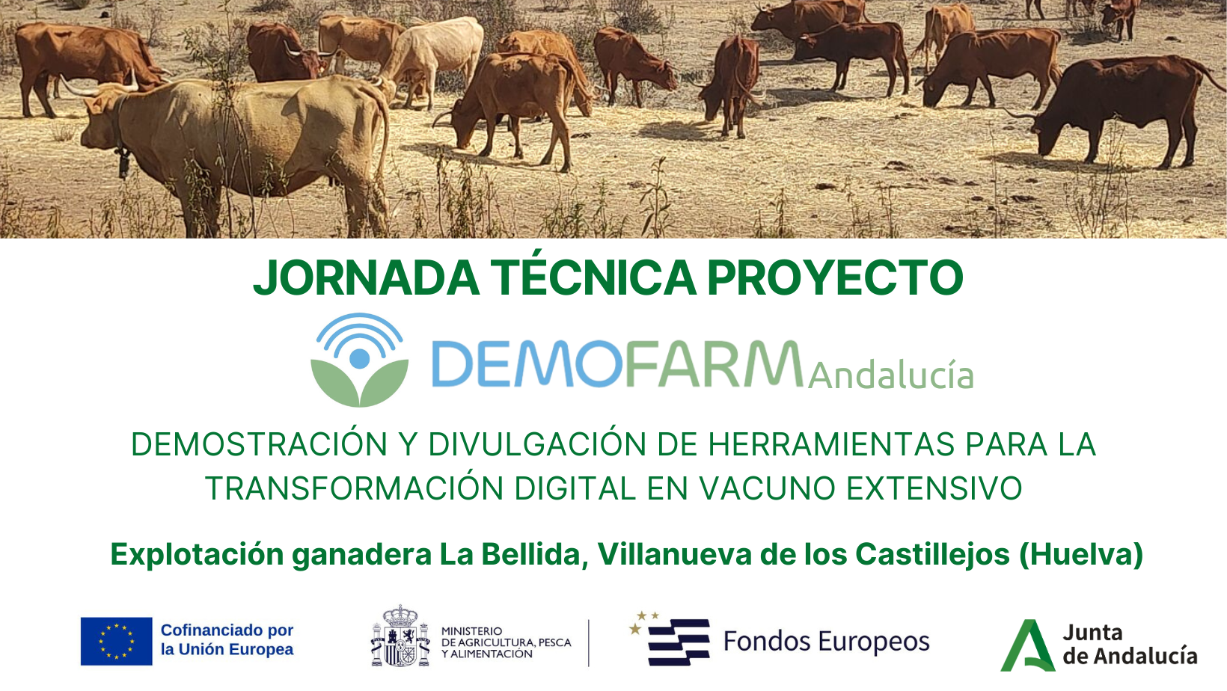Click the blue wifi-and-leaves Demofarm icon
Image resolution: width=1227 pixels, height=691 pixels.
pos(359,360)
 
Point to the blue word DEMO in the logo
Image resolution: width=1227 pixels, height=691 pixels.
pos(527,363)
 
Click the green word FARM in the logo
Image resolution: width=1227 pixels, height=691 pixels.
pos(714,363)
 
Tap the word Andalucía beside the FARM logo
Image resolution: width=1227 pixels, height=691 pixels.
pos(890,375)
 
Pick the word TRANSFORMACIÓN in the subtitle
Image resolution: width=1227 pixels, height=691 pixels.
pos(355,488)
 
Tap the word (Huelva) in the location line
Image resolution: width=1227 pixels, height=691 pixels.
pos(1081,554)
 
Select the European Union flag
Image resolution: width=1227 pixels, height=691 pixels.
pos(116,641)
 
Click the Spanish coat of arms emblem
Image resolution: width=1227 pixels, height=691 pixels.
pos(400,636)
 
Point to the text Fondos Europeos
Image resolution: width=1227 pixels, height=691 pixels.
pos(827,641)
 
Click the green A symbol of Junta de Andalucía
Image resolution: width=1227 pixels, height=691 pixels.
pos(1028,645)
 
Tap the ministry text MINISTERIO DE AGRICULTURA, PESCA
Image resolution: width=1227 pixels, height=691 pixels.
pos(506,637)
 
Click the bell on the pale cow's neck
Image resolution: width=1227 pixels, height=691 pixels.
pos(123,164)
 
